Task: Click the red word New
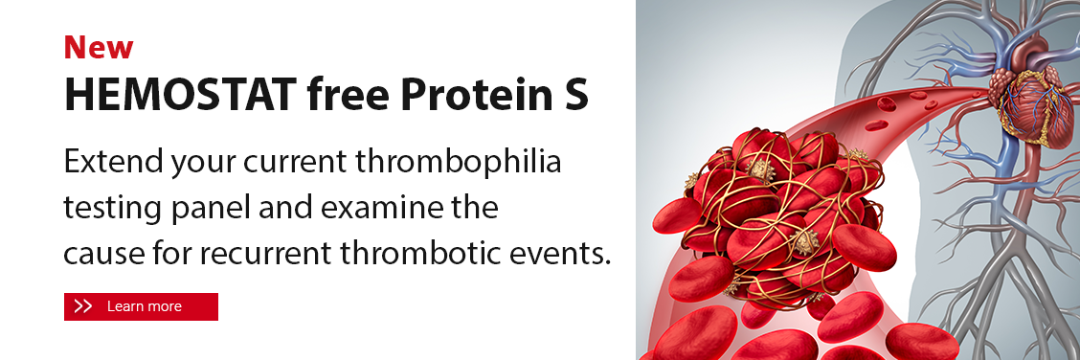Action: (99, 48)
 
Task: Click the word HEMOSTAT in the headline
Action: (180, 95)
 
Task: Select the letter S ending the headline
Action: (573, 95)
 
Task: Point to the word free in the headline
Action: (348, 94)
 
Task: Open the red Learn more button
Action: (141, 306)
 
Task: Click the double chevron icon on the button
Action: (83, 306)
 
